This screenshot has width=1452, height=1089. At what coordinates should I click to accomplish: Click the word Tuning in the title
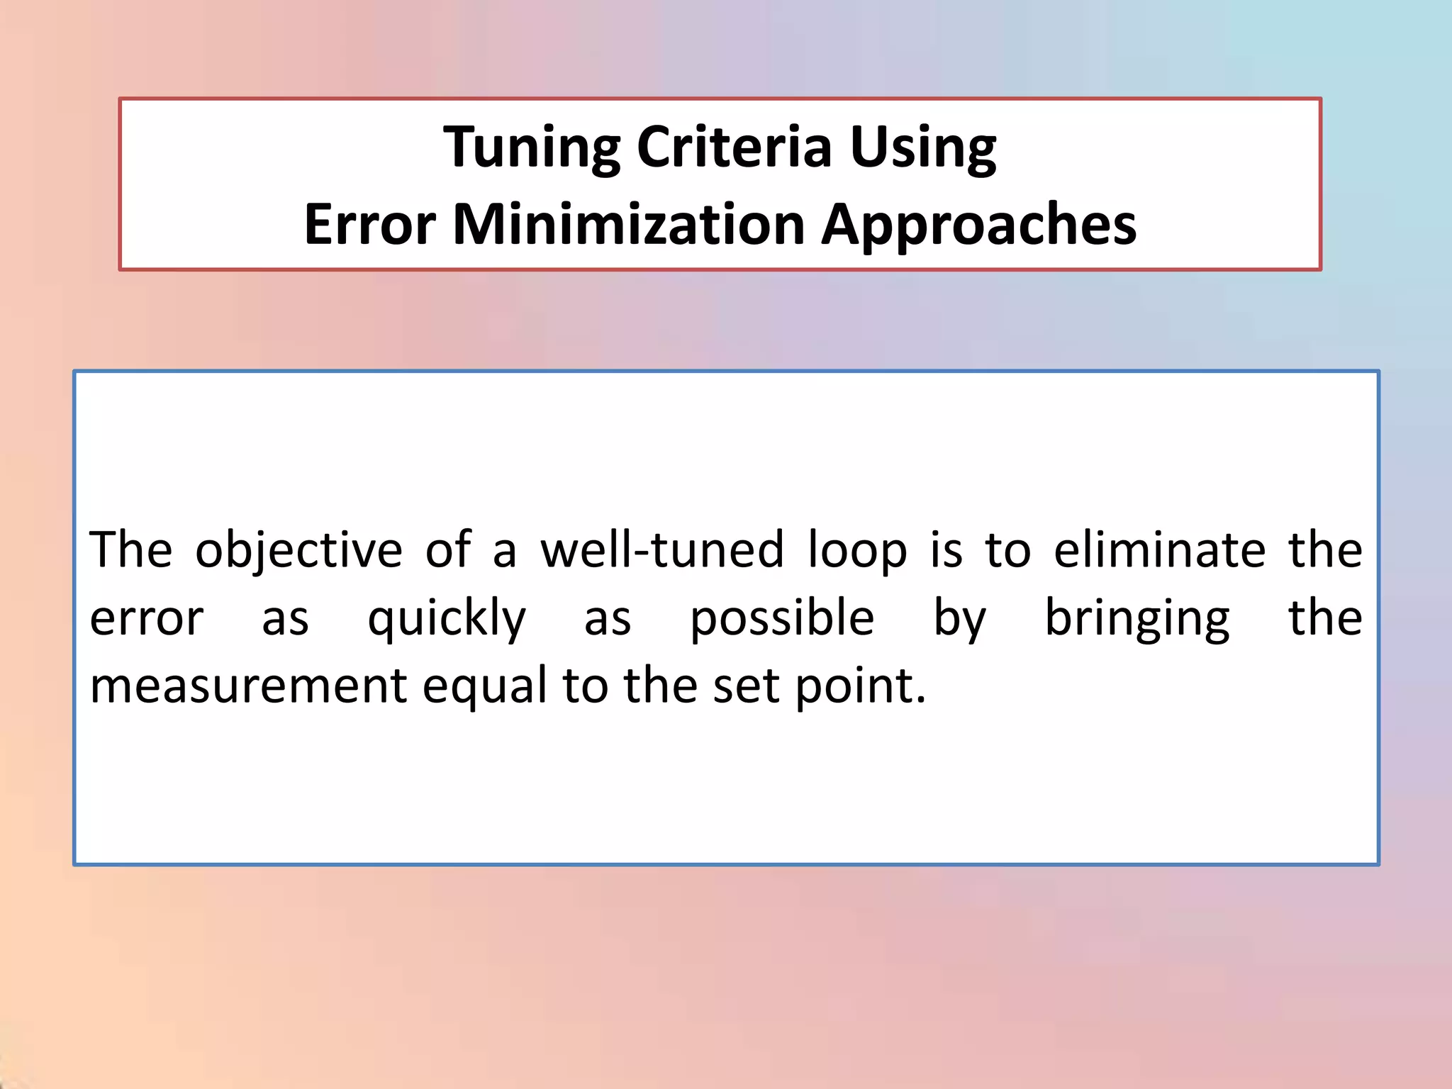[x=532, y=147]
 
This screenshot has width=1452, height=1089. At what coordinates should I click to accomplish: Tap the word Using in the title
[x=922, y=147]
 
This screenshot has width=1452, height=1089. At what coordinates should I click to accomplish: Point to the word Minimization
[x=628, y=224]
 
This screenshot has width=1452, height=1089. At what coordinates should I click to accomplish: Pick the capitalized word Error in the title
[x=369, y=224]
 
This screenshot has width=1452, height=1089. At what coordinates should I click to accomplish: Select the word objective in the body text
[x=298, y=550]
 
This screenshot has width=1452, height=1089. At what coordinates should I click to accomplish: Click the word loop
[x=857, y=552]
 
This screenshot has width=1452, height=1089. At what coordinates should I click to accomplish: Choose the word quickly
[x=447, y=618]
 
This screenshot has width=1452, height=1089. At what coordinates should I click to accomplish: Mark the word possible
[x=782, y=618]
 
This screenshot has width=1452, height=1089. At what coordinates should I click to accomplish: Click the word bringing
[x=1137, y=618]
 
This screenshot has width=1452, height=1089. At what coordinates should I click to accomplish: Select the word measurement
[x=248, y=686]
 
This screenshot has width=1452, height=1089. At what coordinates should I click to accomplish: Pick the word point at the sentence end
[x=859, y=686]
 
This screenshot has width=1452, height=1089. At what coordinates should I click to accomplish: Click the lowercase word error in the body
[x=146, y=618]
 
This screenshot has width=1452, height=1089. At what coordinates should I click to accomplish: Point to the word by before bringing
[x=959, y=618]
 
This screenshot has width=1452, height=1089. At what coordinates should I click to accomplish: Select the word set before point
[x=746, y=686]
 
